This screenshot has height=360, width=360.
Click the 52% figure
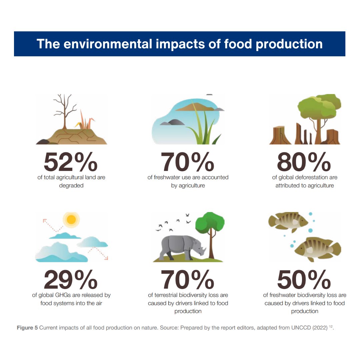pyautogui.click(x=71, y=162)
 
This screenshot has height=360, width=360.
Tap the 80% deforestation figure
pyautogui.click(x=304, y=162)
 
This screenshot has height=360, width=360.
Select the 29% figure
pyautogui.click(x=71, y=280)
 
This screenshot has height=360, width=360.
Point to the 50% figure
pyautogui.click(x=304, y=280)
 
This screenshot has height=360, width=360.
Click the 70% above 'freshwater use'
pyautogui.click(x=188, y=162)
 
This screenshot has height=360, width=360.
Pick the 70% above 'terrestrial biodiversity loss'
pyautogui.click(x=188, y=280)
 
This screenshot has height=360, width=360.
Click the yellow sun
pyautogui.click(x=71, y=219)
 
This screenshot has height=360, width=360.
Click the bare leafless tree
pyautogui.click(x=64, y=110)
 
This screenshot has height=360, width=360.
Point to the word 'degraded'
pyautogui.click(x=71, y=186)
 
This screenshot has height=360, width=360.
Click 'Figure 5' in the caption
pyautogui.click(x=27, y=328)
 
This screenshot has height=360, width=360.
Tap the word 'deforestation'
pyautogui.click(x=312, y=177)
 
